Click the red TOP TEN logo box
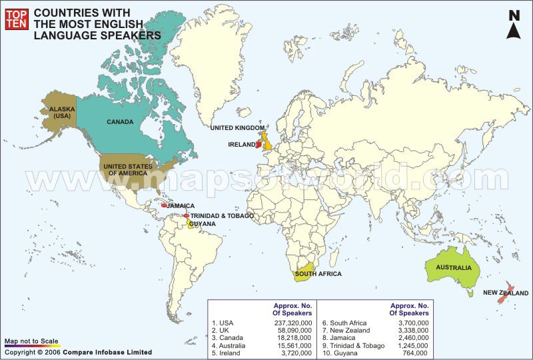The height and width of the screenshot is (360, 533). coord(15,20)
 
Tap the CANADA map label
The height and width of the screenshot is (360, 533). coord(121,122)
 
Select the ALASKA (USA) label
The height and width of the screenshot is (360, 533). coord(58,111)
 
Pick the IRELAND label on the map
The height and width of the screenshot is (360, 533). coord(241,144)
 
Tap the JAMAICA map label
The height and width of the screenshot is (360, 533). coord(181,206)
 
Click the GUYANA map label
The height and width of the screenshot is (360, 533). coord(203,224)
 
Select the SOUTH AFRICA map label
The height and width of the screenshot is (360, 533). coord(318,274)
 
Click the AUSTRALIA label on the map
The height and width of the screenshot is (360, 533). coord(454,268)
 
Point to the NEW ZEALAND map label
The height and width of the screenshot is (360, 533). coord(506,293)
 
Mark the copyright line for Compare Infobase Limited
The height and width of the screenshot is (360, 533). coord(78,352)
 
